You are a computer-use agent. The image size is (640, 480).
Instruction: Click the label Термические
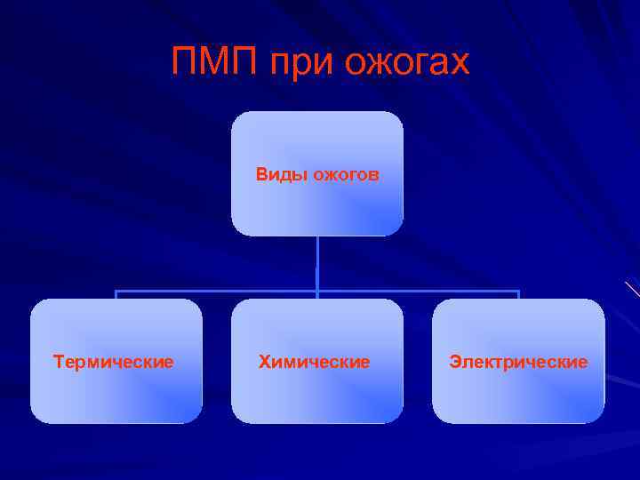pos(114,362)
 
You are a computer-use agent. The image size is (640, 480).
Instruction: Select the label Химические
pos(314,362)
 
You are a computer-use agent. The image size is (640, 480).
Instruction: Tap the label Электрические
pos(518,362)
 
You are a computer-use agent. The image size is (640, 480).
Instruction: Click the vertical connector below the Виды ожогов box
pos(317,262)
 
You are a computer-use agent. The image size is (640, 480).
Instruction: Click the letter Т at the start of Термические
pos(58,362)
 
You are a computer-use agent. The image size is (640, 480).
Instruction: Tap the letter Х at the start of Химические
pos(264,362)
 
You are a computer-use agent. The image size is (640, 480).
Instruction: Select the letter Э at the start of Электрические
pos(454,362)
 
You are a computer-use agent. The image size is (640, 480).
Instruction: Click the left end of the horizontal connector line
pos(116,291)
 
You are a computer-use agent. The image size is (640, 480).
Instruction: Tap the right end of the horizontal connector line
pos(518,291)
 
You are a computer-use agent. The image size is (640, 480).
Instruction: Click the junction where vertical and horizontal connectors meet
pos(317,291)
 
